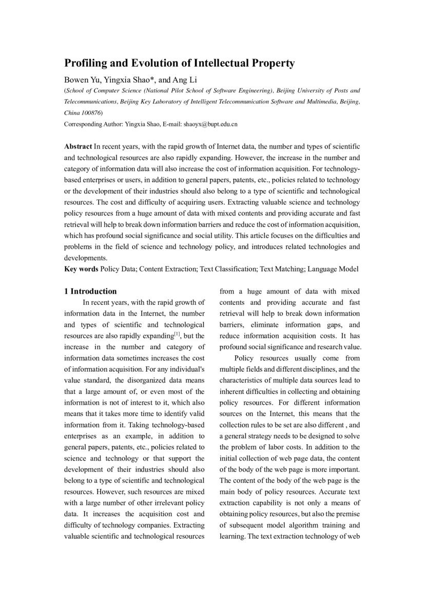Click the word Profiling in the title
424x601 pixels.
(x=84, y=64)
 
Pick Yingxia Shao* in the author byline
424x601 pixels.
(x=129, y=79)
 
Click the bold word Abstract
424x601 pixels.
(x=78, y=147)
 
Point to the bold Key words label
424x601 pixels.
(x=81, y=269)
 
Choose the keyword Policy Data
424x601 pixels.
(x=118, y=269)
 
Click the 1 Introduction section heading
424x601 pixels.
(x=90, y=292)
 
